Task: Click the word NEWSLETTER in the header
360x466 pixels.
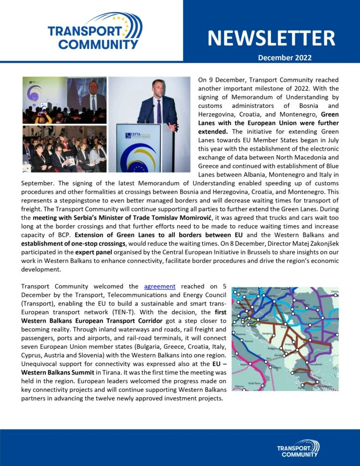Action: pos(271,38)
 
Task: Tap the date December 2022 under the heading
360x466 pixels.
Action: pos(285,58)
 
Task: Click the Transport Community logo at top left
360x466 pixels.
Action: pos(93,32)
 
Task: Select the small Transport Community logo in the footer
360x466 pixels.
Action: pos(298,448)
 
